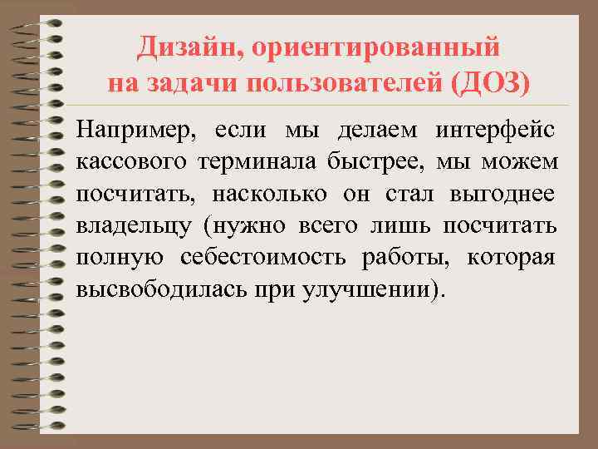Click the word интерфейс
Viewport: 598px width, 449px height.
pyautogui.click(x=496, y=131)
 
